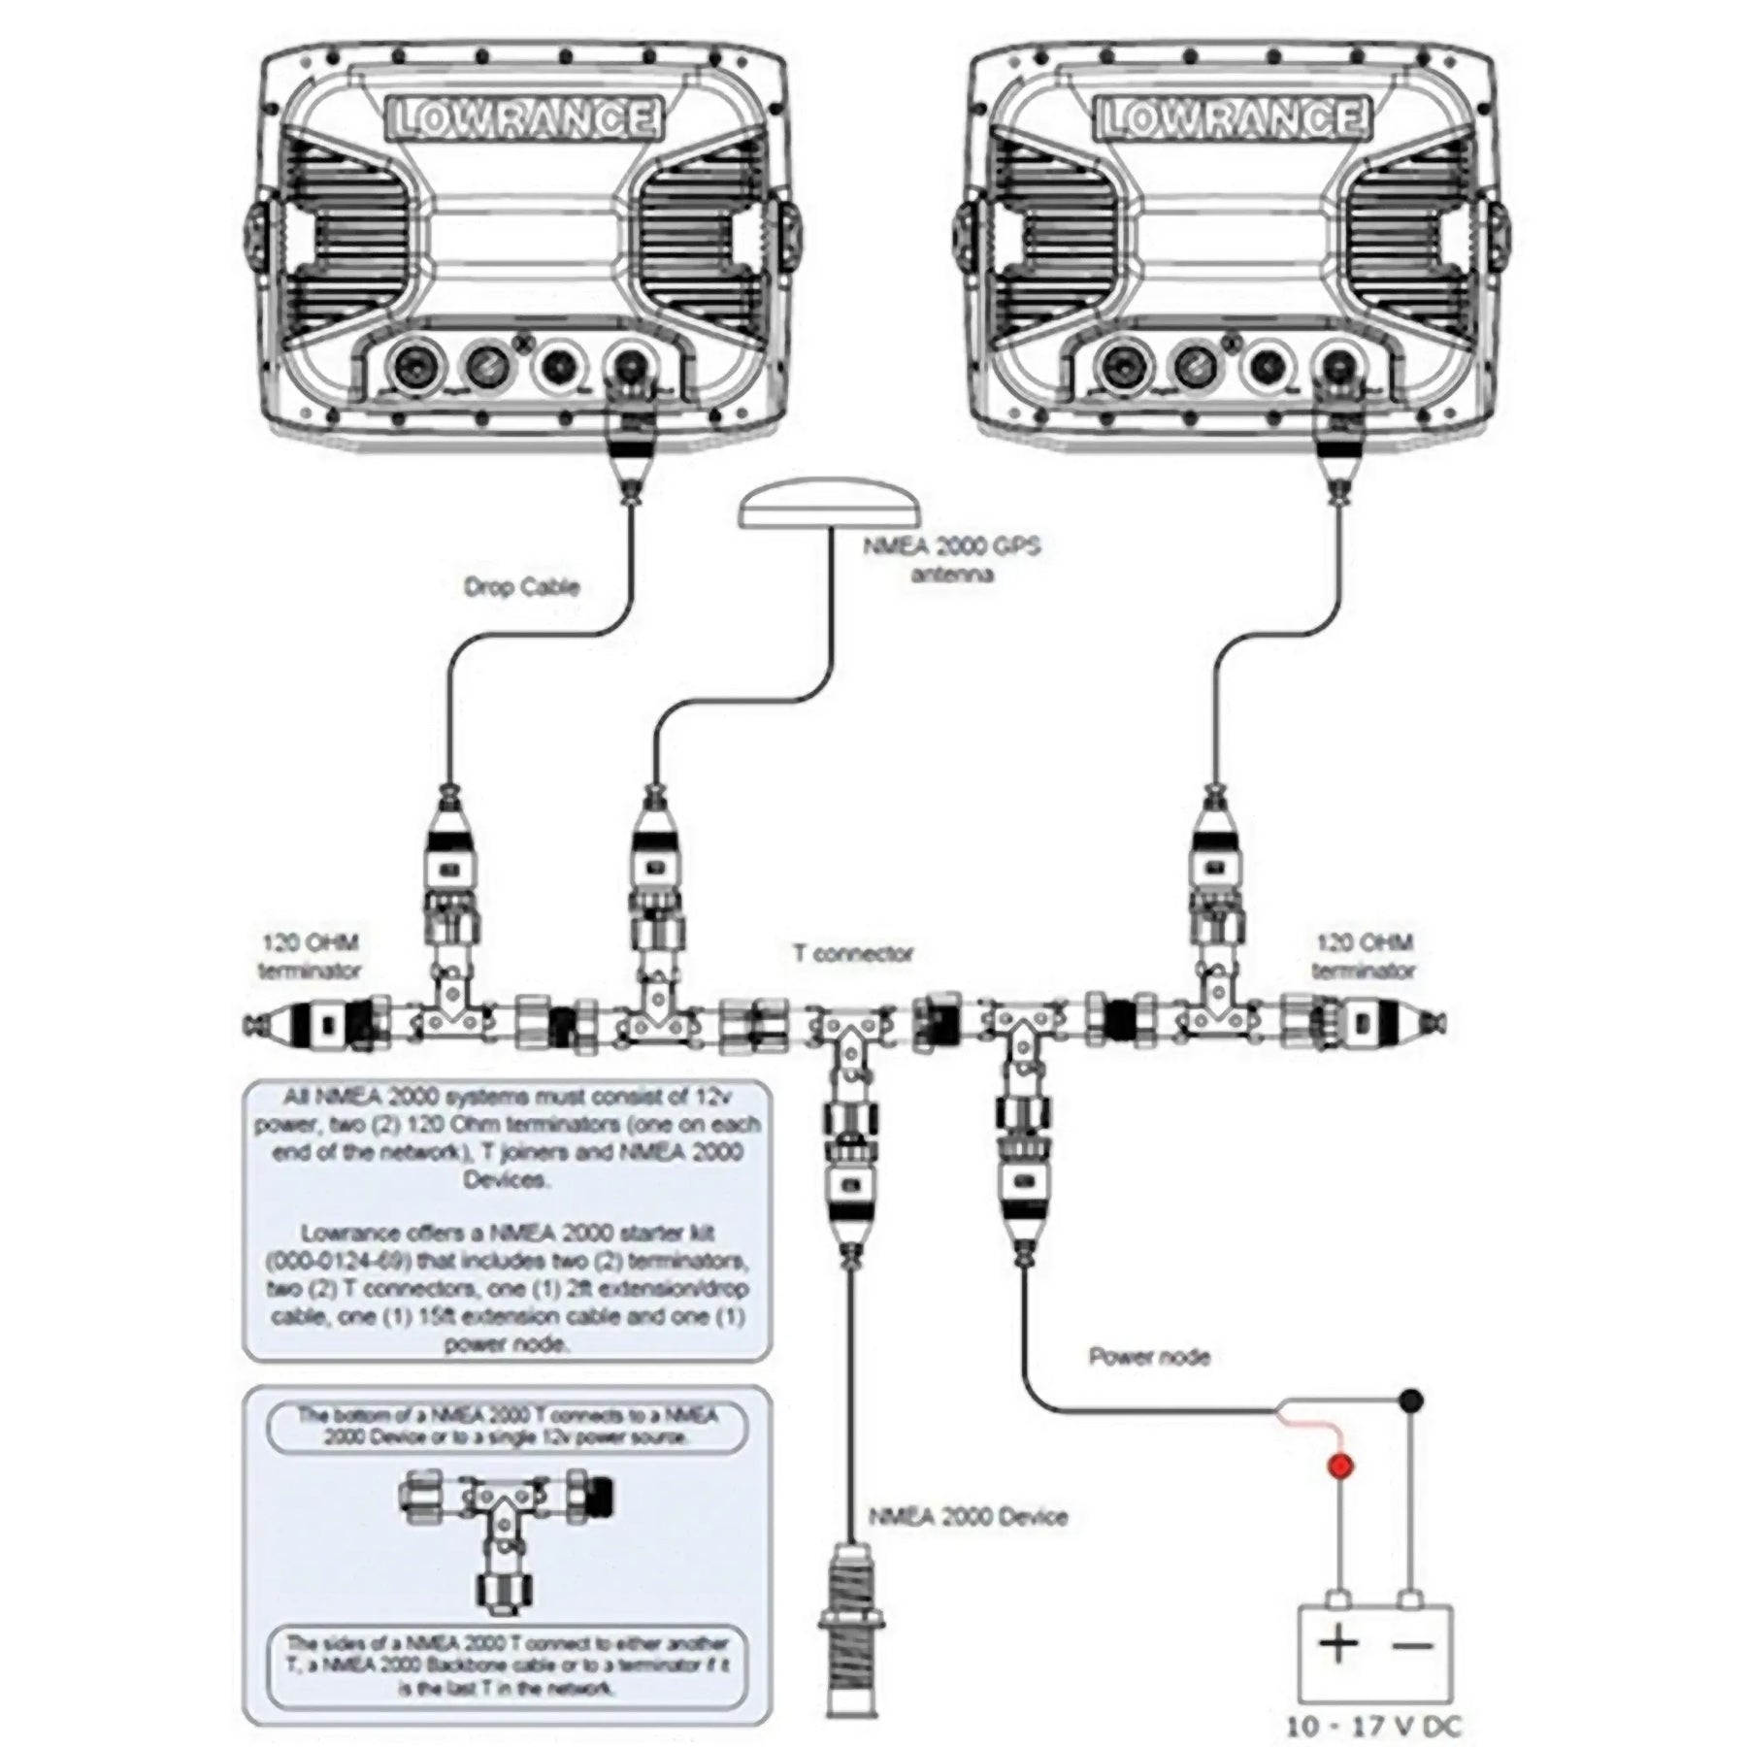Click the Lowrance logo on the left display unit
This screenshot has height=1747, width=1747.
point(525,119)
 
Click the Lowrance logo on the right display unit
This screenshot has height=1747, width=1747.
point(1233,119)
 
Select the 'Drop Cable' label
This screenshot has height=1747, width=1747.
point(522,586)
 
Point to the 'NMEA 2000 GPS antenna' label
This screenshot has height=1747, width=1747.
point(952,560)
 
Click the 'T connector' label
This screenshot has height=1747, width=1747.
point(853,953)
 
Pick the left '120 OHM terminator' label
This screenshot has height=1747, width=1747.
point(310,955)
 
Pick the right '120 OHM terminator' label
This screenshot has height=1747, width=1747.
point(1364,955)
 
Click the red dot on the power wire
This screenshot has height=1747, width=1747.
point(1341,1466)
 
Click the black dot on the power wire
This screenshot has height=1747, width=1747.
point(1412,1401)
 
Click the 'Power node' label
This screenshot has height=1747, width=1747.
point(1149,1356)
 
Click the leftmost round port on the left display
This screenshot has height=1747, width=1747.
point(415,367)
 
